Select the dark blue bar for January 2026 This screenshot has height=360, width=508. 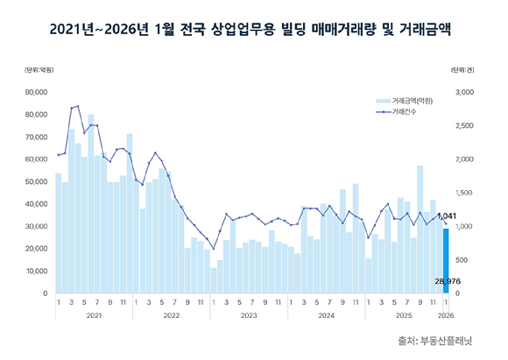click(x=446, y=260)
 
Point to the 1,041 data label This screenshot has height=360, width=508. click(x=446, y=215)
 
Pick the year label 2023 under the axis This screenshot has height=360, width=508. click(x=249, y=315)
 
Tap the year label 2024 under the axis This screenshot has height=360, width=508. click(x=327, y=315)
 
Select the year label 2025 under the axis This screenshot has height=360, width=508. click(x=404, y=315)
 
